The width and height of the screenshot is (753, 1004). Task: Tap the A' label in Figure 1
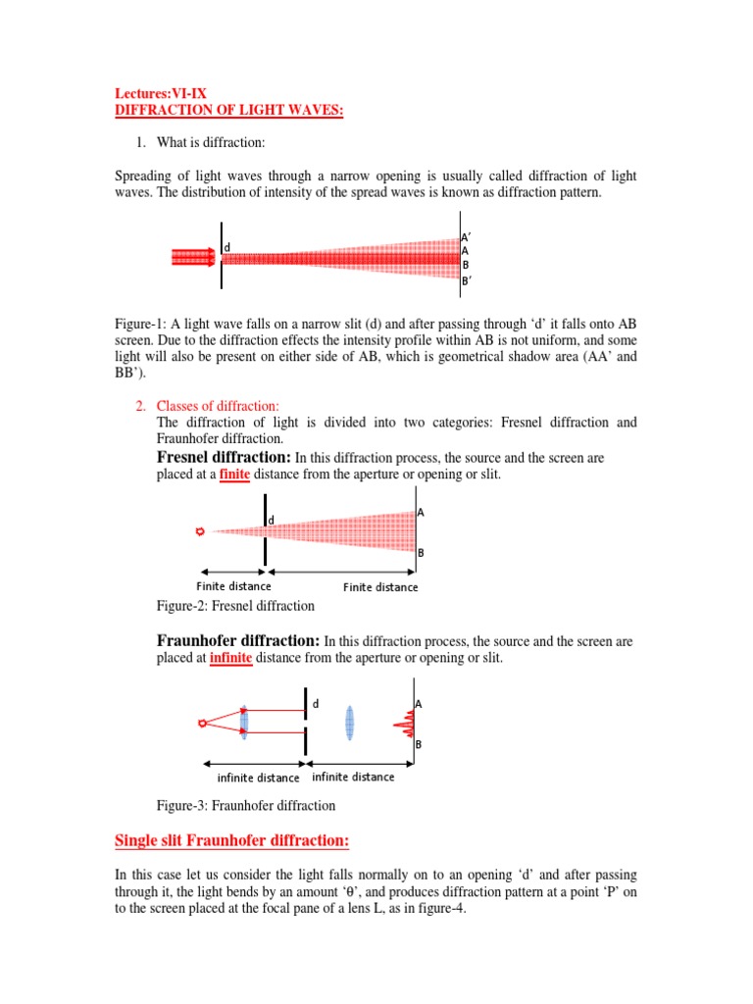click(467, 235)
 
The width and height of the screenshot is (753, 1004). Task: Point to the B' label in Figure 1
click(467, 280)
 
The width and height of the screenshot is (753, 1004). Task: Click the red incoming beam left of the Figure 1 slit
click(193, 257)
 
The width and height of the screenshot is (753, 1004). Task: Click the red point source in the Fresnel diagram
click(201, 531)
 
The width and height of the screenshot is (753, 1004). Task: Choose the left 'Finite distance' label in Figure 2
click(234, 586)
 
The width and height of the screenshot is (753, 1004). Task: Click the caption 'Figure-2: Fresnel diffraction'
click(235, 606)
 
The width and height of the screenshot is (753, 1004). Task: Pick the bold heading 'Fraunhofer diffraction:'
click(238, 640)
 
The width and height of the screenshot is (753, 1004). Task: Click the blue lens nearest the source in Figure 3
click(244, 723)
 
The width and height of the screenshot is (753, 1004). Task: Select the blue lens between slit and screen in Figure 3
click(349, 723)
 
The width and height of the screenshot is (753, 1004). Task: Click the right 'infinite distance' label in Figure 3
click(353, 777)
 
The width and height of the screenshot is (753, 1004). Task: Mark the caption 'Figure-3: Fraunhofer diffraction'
click(246, 805)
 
